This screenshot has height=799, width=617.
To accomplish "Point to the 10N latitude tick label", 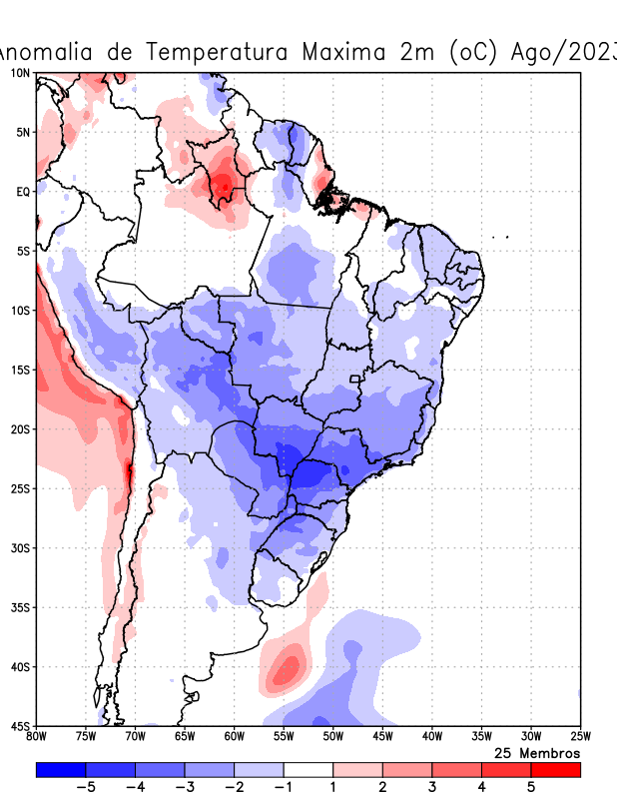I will (x=19, y=73).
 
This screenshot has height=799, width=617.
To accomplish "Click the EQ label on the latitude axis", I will (x=22, y=191).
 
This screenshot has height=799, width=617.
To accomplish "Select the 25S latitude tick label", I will (x=19, y=488).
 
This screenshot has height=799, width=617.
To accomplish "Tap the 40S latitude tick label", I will (x=19, y=666).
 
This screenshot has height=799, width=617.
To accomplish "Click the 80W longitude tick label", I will (x=36, y=737).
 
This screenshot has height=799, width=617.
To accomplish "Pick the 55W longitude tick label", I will (x=283, y=737).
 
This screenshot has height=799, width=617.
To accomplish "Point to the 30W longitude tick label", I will (x=530, y=737).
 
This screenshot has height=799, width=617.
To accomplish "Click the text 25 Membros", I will (x=537, y=752).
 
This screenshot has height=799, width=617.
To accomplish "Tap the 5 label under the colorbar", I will (x=531, y=787).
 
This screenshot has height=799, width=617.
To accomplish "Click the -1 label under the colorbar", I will (x=283, y=787).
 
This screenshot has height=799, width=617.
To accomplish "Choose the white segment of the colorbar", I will (x=308, y=769).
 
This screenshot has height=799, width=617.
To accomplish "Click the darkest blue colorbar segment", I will (x=60, y=769).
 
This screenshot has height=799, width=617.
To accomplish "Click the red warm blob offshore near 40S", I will (x=287, y=666).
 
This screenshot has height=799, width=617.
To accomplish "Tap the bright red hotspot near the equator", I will (x=225, y=185).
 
